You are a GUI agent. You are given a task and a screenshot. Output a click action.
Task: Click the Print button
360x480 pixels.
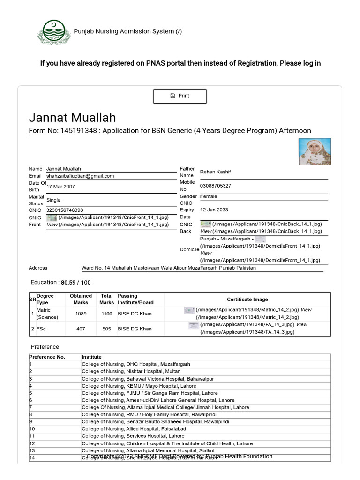(x=180, y=96)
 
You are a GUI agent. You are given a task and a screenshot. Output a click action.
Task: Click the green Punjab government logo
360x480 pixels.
(x=53, y=32)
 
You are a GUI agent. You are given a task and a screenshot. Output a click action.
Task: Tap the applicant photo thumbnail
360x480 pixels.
(x=315, y=151)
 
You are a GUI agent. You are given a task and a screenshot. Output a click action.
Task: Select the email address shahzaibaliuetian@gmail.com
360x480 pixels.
(x=80, y=176)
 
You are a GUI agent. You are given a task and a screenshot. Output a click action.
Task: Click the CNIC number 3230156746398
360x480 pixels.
(x=65, y=210)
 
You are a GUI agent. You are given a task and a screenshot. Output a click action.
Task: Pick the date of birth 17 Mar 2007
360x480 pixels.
(x=60, y=187)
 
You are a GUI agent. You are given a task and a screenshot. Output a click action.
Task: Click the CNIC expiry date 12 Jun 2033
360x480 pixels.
(x=214, y=210)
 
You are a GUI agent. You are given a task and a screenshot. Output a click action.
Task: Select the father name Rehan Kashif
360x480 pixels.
(x=216, y=172)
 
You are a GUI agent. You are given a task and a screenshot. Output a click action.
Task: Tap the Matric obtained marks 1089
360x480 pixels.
(x=81, y=314)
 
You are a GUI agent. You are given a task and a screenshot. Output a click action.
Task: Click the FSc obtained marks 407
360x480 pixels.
(x=81, y=329)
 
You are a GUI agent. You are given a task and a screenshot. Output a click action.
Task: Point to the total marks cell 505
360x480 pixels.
(x=106, y=329)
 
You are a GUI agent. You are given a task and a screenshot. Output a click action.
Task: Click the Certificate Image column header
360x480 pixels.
(x=247, y=299)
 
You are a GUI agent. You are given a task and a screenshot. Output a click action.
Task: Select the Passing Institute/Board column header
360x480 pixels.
(x=135, y=299)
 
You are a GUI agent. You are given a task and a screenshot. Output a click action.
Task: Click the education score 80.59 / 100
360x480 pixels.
(x=79, y=283)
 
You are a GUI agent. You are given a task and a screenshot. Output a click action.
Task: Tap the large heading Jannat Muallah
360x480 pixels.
(x=72, y=117)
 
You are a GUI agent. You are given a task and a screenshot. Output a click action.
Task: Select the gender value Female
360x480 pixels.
(x=209, y=196)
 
